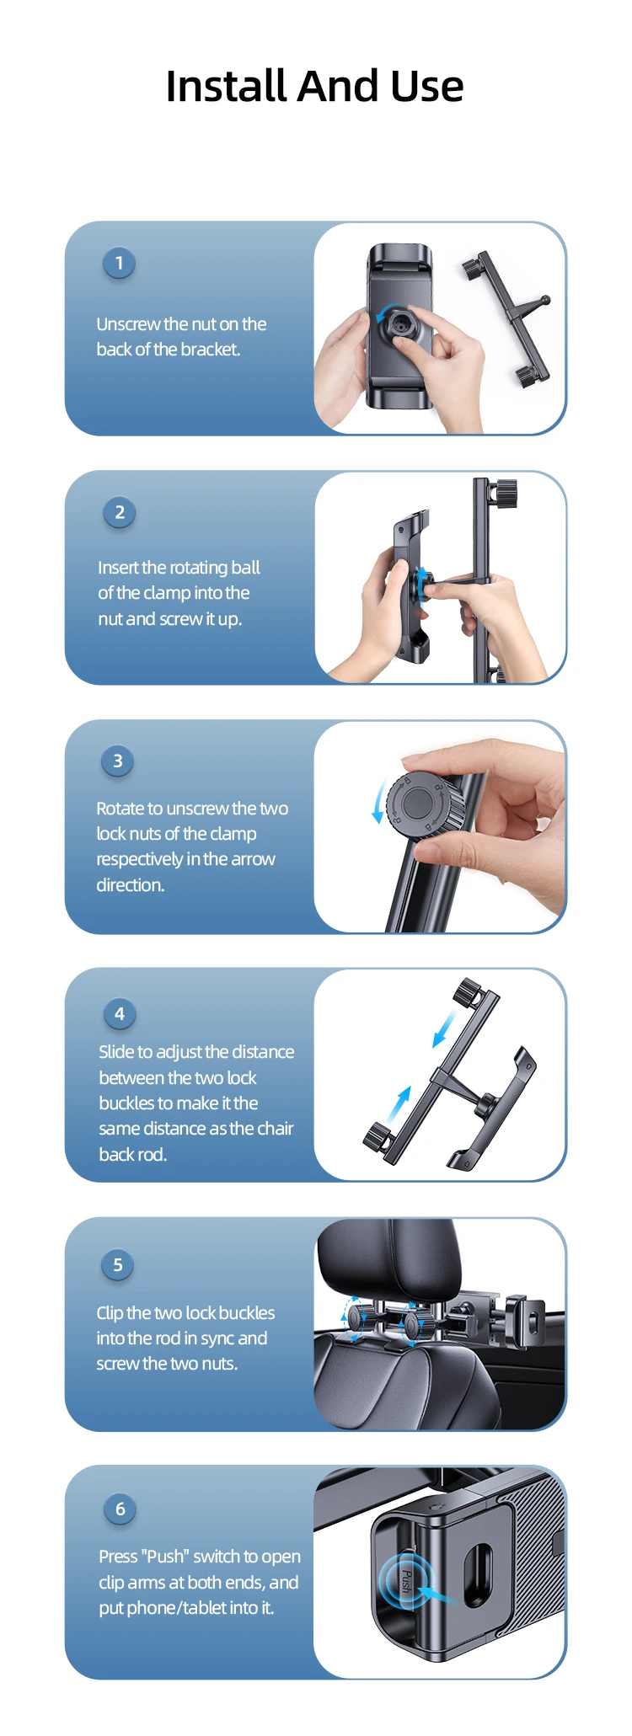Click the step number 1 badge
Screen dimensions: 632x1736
click(119, 263)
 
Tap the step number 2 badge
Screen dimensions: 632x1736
click(120, 512)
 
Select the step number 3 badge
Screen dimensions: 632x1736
click(118, 761)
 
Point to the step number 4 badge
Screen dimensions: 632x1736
click(120, 1014)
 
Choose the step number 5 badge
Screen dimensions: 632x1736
click(118, 1265)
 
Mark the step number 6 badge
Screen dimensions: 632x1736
click(120, 1509)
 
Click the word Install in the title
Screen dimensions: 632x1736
click(227, 86)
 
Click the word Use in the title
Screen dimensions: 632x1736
click(427, 87)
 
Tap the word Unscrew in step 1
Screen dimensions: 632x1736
click(128, 324)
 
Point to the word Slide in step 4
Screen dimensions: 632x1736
click(116, 1052)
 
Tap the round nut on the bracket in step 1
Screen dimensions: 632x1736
click(400, 322)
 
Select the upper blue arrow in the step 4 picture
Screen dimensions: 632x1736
click(444, 1028)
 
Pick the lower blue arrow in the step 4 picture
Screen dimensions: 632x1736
click(399, 1106)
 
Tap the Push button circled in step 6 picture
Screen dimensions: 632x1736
click(405, 1581)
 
